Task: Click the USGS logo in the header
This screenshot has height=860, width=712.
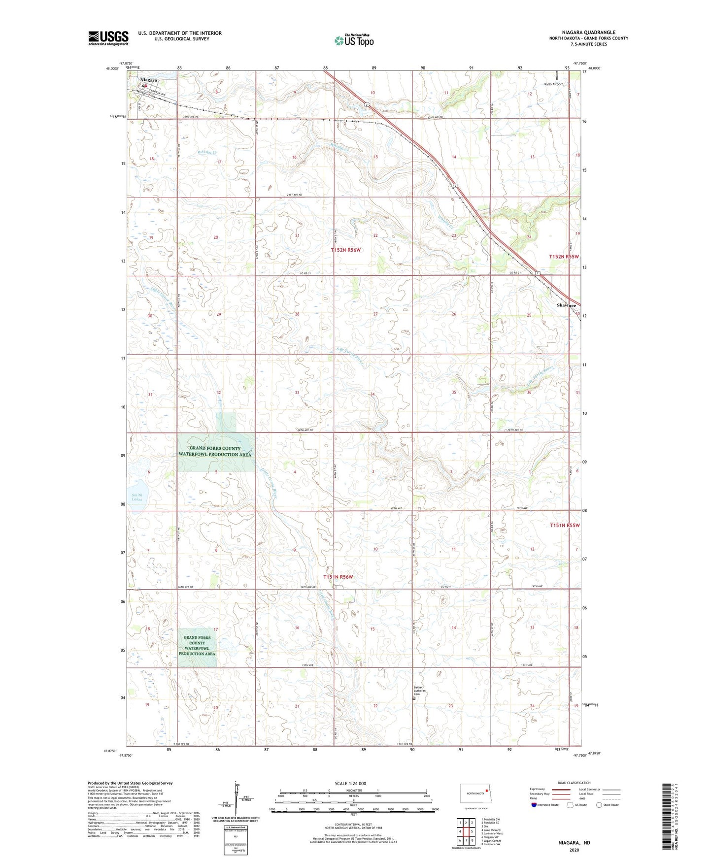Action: (108, 38)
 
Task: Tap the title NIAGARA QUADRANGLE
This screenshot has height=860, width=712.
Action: (588, 33)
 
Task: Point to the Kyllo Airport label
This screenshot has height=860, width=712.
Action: (553, 84)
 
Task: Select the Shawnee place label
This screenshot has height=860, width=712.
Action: (566, 305)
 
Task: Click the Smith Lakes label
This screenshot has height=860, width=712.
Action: (137, 497)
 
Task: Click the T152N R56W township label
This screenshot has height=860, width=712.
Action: (345, 250)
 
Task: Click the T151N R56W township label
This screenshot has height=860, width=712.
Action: (338, 577)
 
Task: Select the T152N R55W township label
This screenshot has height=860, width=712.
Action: (564, 257)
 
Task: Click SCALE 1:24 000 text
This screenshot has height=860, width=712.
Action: (350, 783)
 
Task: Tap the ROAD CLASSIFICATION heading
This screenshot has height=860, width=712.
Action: (574, 783)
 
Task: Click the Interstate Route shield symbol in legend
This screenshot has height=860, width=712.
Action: (535, 805)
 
